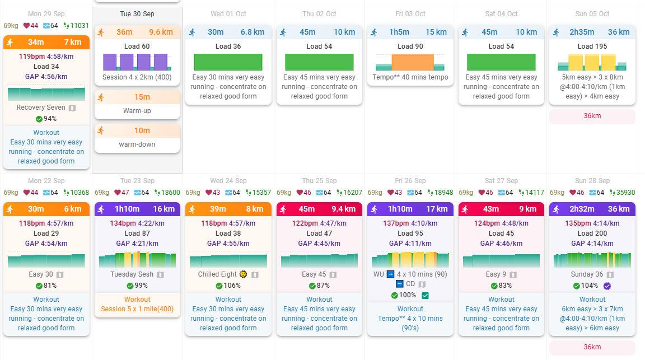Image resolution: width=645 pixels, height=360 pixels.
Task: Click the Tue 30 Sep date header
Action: tap(137, 13)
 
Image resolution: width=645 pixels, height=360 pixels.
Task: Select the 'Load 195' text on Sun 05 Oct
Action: tap(592, 46)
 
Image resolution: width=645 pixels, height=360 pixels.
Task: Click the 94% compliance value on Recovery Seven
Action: tap(50, 119)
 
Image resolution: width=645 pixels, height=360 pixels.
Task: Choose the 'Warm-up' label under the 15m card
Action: tap(137, 111)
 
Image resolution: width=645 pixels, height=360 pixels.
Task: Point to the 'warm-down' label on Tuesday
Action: tap(137, 144)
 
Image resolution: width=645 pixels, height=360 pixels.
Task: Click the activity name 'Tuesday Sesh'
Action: tap(132, 274)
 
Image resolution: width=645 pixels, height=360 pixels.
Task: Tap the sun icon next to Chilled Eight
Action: tap(243, 274)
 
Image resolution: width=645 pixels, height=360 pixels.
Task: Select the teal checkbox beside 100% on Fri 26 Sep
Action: tap(425, 295)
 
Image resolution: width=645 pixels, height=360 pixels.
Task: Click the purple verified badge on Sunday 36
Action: tap(607, 286)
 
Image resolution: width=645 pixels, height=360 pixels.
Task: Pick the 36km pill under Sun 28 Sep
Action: tap(592, 347)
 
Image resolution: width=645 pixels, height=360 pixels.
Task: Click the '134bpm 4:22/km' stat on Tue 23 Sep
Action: tap(137, 223)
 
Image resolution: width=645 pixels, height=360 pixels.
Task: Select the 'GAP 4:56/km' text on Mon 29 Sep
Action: tap(46, 77)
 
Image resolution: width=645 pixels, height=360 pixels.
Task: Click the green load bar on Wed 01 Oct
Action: tap(228, 62)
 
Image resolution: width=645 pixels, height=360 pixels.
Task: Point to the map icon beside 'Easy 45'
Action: tap(333, 274)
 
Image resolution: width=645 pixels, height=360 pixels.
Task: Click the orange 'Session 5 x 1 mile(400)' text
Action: tap(137, 309)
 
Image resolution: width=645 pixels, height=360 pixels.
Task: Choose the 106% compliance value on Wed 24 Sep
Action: tap(232, 286)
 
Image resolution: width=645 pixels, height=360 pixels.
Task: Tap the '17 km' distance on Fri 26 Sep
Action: tap(437, 209)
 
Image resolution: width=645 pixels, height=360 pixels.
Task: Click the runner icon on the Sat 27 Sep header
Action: tap(465, 209)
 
